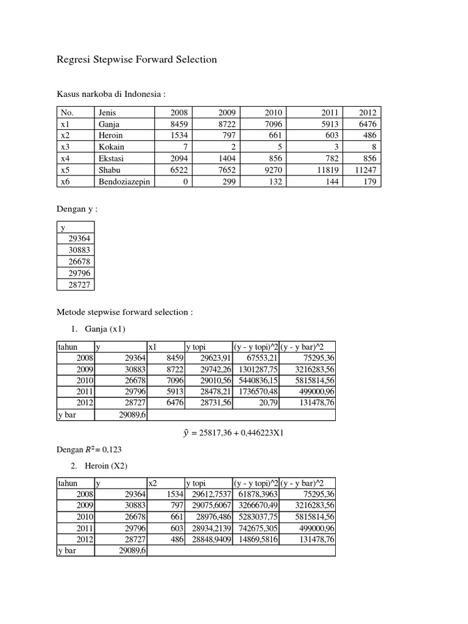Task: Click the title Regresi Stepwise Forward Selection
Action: click(136, 60)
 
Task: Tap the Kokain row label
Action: click(110, 147)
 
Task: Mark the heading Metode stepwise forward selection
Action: click(124, 312)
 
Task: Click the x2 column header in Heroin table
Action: click(153, 483)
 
